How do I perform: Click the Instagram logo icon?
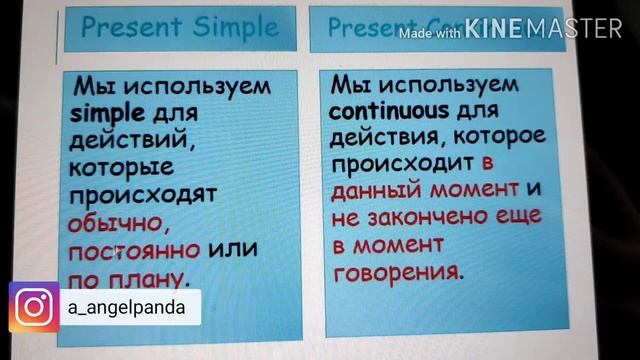[33, 308]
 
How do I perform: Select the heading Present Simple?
[180, 27]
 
